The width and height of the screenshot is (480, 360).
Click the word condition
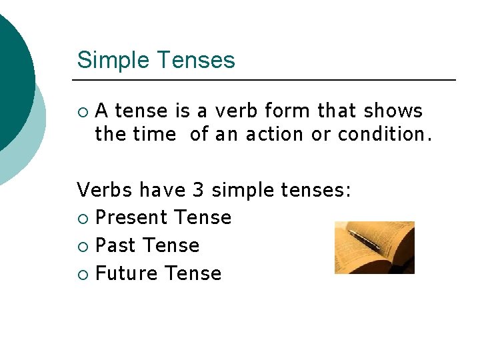pyautogui.click(x=383, y=134)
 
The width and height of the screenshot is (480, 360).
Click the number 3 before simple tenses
pyautogui.click(x=198, y=190)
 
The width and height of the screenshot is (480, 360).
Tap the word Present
pyautogui.click(x=131, y=217)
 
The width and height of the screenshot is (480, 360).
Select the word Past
pyautogui.click(x=115, y=245)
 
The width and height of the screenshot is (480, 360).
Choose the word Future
pyautogui.click(x=126, y=273)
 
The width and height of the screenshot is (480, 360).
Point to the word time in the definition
pyautogui.click(x=155, y=134)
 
